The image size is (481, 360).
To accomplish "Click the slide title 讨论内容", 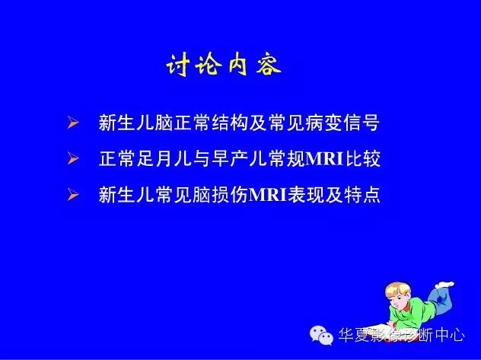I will click(x=224, y=66).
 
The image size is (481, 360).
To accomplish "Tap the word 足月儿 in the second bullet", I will click(x=163, y=159).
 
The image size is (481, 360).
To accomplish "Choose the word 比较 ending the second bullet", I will click(x=362, y=159).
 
